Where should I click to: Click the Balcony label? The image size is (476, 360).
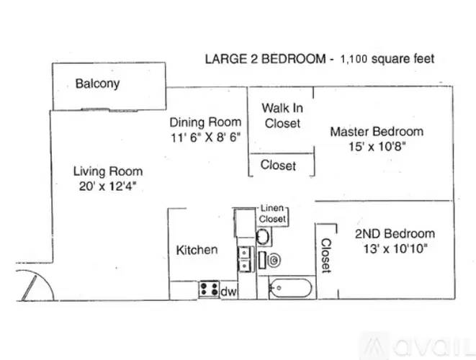tap(97, 84)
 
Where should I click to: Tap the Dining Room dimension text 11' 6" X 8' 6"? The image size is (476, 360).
tap(205, 138)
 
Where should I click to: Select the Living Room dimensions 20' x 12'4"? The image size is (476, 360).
tap(107, 186)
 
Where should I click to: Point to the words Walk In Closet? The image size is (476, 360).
tap(282, 116)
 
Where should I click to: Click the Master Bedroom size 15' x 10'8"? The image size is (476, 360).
tap(377, 147)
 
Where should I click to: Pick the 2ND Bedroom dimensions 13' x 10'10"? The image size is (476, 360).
tap(395, 249)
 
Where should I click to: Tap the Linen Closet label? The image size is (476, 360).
tap(272, 213)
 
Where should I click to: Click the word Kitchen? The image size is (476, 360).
tap(197, 250)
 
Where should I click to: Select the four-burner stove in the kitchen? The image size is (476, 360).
tap(209, 289)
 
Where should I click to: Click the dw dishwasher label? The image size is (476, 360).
tap(228, 292)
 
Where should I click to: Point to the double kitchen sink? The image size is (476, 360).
tap(244, 259)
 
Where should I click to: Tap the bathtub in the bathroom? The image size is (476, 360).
tap(290, 288)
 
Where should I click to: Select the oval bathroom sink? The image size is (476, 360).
tap(263, 237)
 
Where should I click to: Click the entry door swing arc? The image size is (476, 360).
tap(46, 279)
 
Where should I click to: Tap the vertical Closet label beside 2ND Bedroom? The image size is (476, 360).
tap(325, 256)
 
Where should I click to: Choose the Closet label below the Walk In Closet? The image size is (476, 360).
tap(278, 165)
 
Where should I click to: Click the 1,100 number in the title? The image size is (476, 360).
tap(354, 59)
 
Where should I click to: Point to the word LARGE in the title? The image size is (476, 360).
tap(226, 59)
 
